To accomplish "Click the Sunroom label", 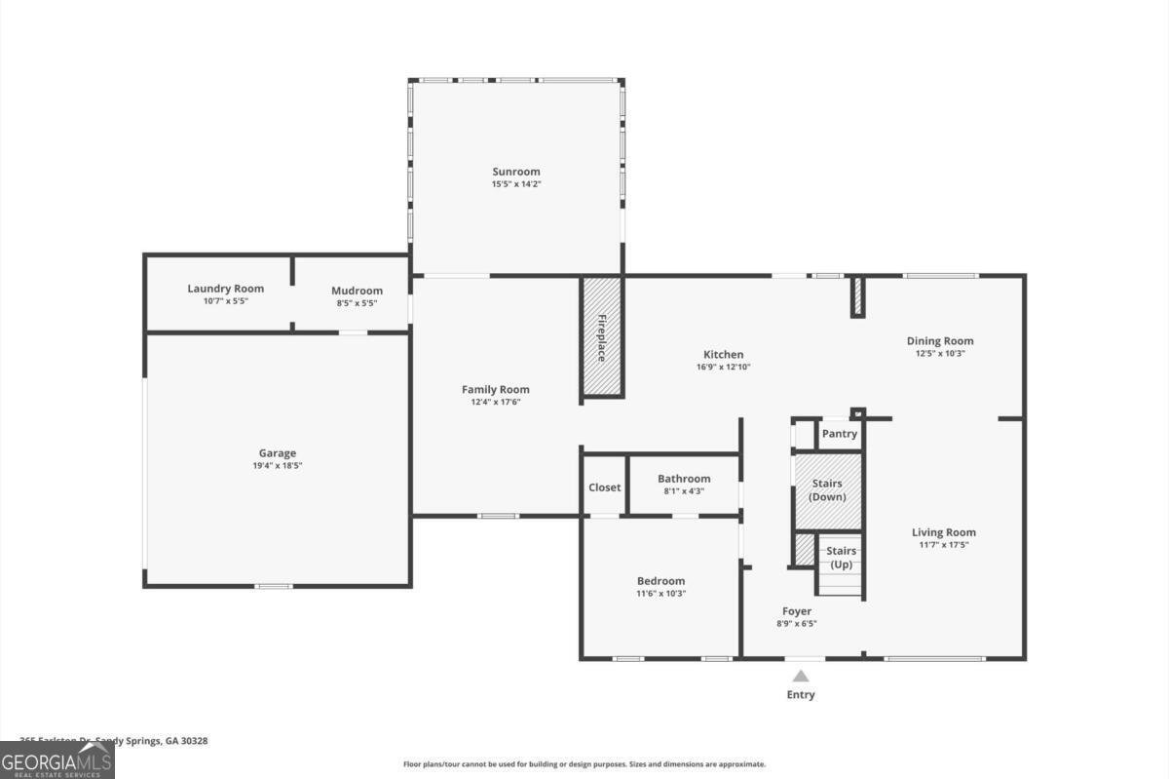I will pyautogui.click(x=515, y=172).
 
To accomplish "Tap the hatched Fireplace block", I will pyautogui.click(x=602, y=337).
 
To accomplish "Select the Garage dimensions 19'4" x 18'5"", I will pyautogui.click(x=277, y=466).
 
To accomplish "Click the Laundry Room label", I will pyautogui.click(x=225, y=289).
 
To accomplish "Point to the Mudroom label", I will pyautogui.click(x=357, y=291).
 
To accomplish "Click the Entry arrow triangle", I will pyautogui.click(x=800, y=676).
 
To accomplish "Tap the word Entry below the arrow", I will pyautogui.click(x=800, y=695).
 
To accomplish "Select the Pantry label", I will pyautogui.click(x=839, y=434).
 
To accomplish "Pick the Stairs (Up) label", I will pyautogui.click(x=841, y=558).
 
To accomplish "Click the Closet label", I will pyautogui.click(x=604, y=487).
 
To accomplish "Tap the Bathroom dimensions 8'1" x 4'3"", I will pyautogui.click(x=684, y=491).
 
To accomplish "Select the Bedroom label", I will pyautogui.click(x=660, y=581).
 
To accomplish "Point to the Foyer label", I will pyautogui.click(x=796, y=611).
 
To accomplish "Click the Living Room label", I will pyautogui.click(x=943, y=532).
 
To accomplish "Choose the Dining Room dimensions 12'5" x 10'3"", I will pyautogui.click(x=940, y=354).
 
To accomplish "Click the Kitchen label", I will pyautogui.click(x=723, y=355).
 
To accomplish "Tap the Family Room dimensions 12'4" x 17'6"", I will pyautogui.click(x=495, y=402).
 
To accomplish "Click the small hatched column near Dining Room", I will pyautogui.click(x=857, y=296).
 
